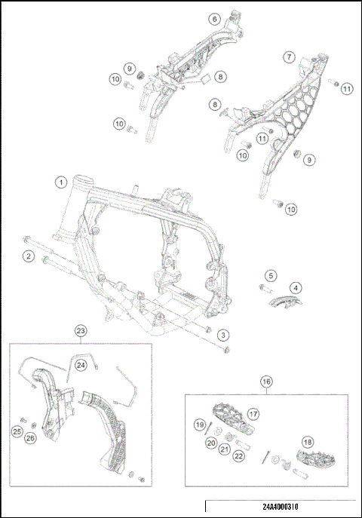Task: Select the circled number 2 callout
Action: tap(28, 257)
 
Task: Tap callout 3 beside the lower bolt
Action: tap(223, 334)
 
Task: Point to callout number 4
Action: tap(296, 287)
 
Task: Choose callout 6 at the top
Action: tap(215, 19)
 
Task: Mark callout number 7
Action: tap(289, 57)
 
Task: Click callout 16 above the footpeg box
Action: tap(265, 382)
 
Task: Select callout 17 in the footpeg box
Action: tap(253, 413)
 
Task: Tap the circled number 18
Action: tap(307, 442)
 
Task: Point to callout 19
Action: tap(201, 425)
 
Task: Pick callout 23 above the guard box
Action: tap(81, 330)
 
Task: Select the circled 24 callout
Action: tap(101, 364)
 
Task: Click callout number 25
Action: tap(17, 431)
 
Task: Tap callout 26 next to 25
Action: tap(31, 437)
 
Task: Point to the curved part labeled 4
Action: tap(287, 302)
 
